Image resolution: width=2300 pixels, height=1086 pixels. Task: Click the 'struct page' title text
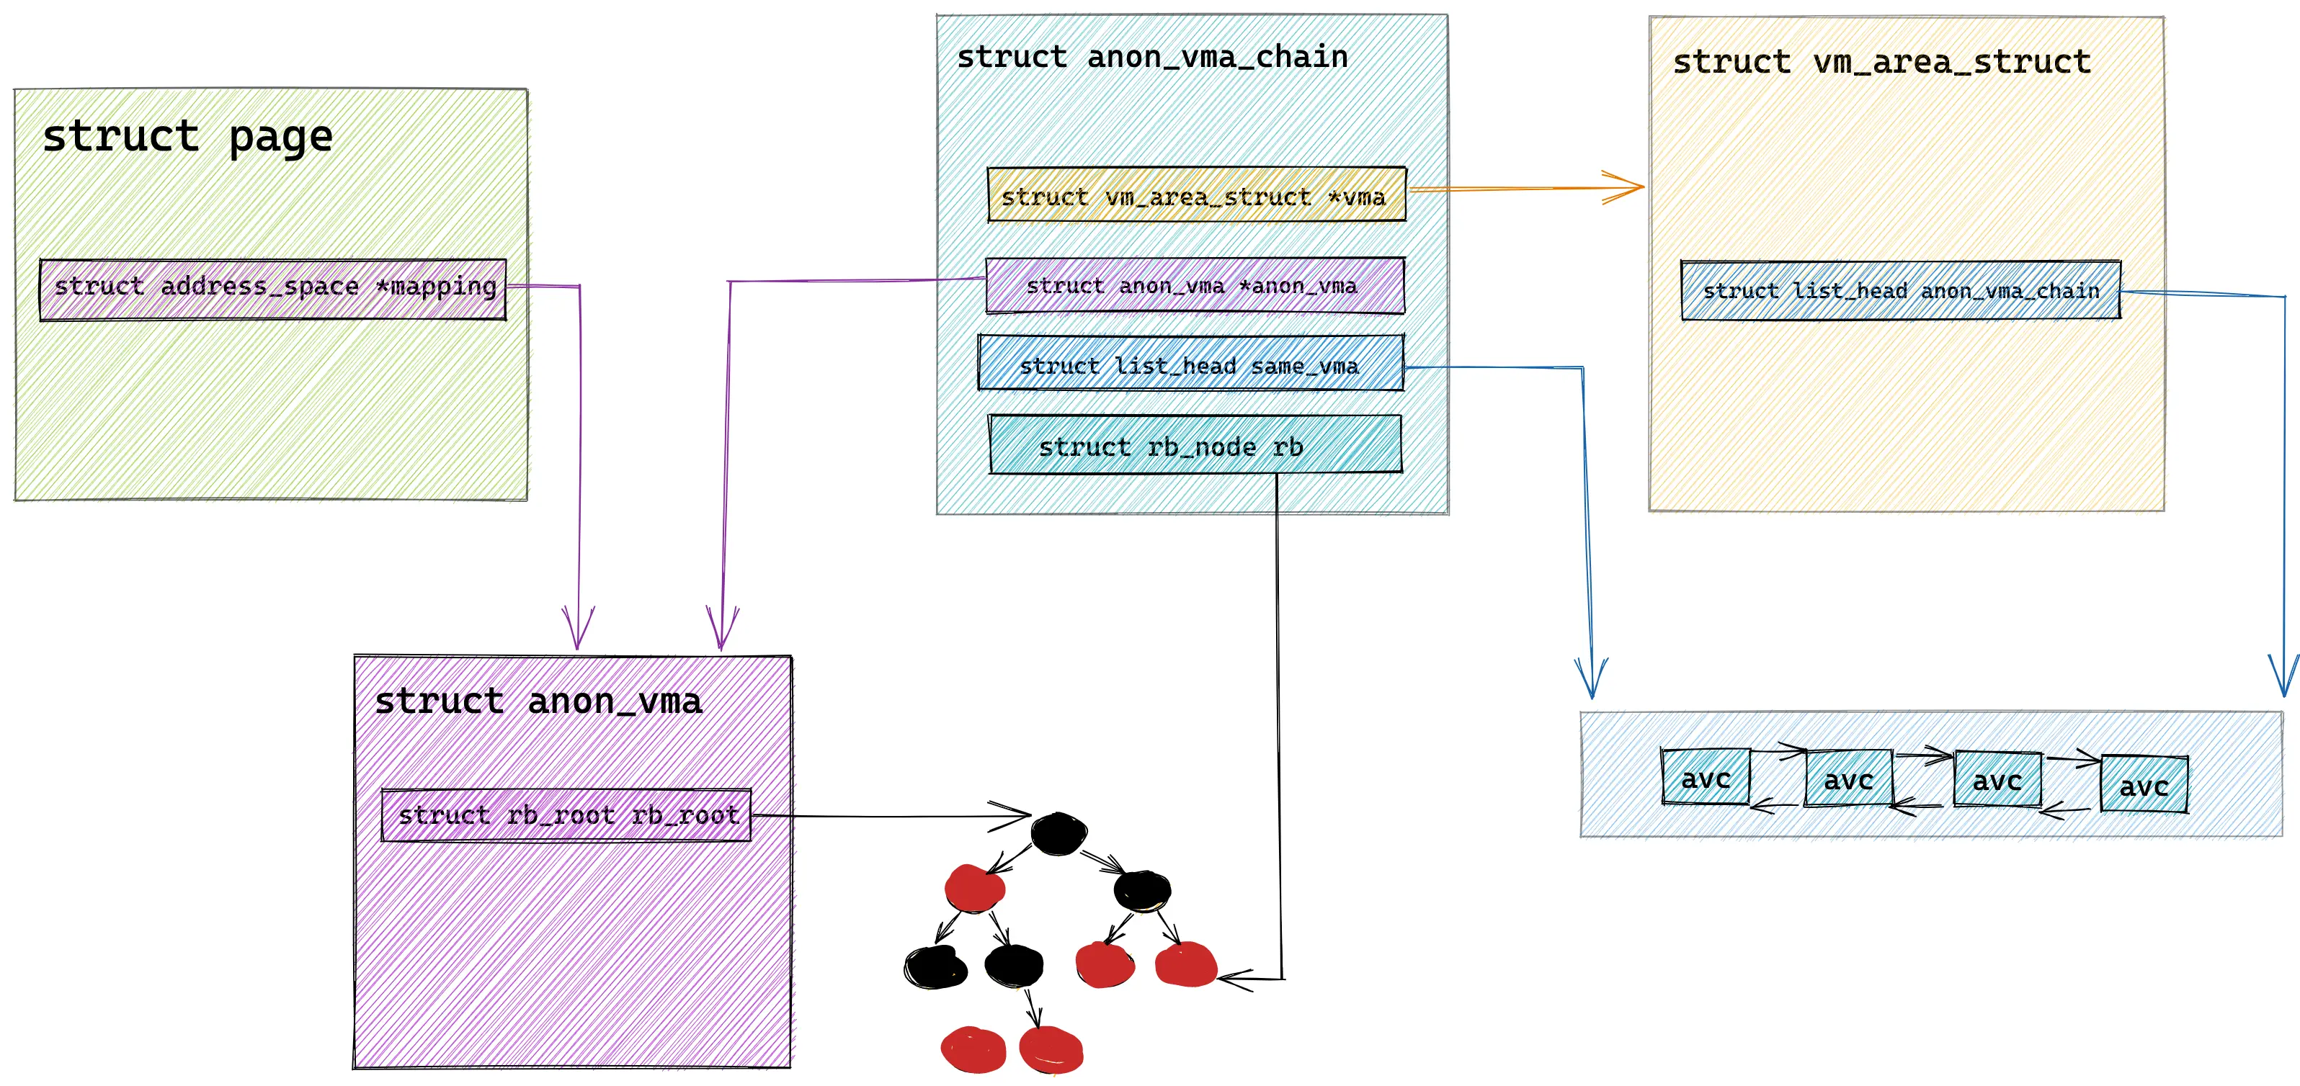tap(187, 138)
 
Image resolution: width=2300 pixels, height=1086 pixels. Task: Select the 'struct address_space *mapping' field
tap(273, 288)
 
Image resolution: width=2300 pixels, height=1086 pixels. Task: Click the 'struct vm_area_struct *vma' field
tap(1195, 195)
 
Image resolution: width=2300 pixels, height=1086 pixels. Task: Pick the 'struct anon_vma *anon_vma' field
tap(1194, 286)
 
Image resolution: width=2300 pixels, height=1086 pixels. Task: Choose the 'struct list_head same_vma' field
tap(1190, 364)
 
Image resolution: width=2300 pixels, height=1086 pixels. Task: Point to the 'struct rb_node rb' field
tap(1195, 445)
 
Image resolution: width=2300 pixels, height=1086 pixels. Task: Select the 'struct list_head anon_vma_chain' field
tap(1900, 290)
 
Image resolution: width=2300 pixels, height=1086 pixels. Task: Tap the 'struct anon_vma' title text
tap(538, 702)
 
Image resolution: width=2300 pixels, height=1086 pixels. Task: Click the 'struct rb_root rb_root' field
tap(566, 814)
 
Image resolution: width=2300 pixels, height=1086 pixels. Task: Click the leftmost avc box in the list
tap(1706, 777)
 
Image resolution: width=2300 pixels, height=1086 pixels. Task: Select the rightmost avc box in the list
tap(2144, 784)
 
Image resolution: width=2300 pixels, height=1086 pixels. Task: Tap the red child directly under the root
tap(974, 887)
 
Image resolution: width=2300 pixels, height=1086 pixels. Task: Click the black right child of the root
tap(1141, 889)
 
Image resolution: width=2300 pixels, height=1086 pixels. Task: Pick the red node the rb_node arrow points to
tap(1186, 964)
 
